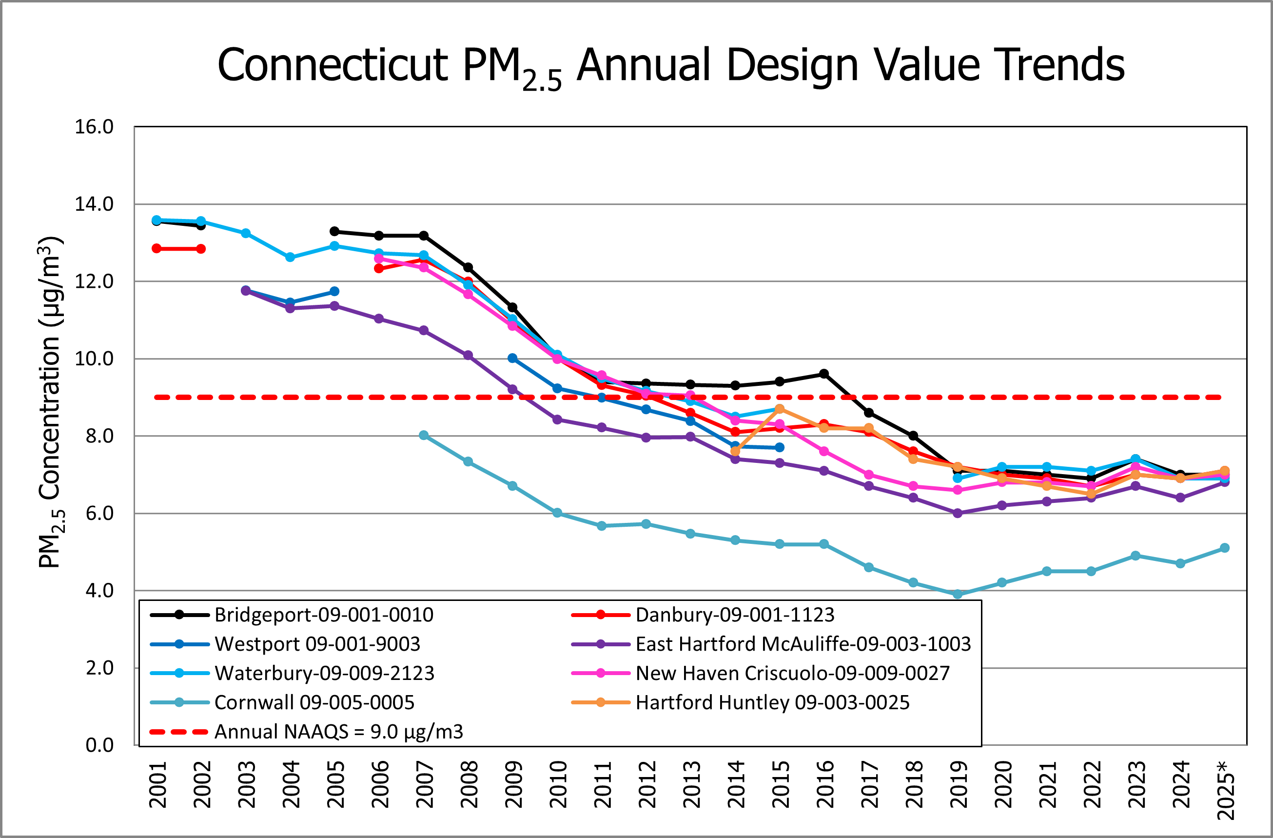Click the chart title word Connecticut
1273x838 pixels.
(332, 65)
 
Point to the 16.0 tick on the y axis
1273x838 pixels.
(94, 127)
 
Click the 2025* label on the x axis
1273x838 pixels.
(1225, 790)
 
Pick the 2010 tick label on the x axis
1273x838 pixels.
(558, 784)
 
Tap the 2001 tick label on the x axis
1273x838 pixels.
(157, 784)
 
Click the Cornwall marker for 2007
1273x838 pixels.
(424, 435)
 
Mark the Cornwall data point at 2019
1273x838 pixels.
(958, 594)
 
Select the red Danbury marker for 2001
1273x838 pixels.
(157, 248)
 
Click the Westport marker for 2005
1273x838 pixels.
(334, 291)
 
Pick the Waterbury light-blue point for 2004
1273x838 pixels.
(290, 257)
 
